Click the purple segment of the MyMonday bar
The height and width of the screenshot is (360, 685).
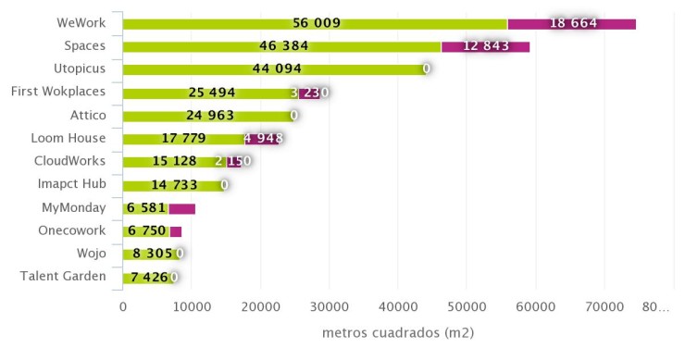tap(181, 208)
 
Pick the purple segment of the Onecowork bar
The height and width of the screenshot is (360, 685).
tap(176, 231)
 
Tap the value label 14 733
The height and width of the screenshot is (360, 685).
tap(190, 185)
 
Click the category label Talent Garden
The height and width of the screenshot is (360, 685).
tap(63, 276)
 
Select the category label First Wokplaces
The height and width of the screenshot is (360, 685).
tap(57, 92)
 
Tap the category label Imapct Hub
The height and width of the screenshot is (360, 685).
tap(72, 183)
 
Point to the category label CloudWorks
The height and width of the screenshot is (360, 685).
tap(71, 160)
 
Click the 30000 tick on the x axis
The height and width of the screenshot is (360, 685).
tap(330, 304)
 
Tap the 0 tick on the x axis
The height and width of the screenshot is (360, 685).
tap(123, 304)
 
